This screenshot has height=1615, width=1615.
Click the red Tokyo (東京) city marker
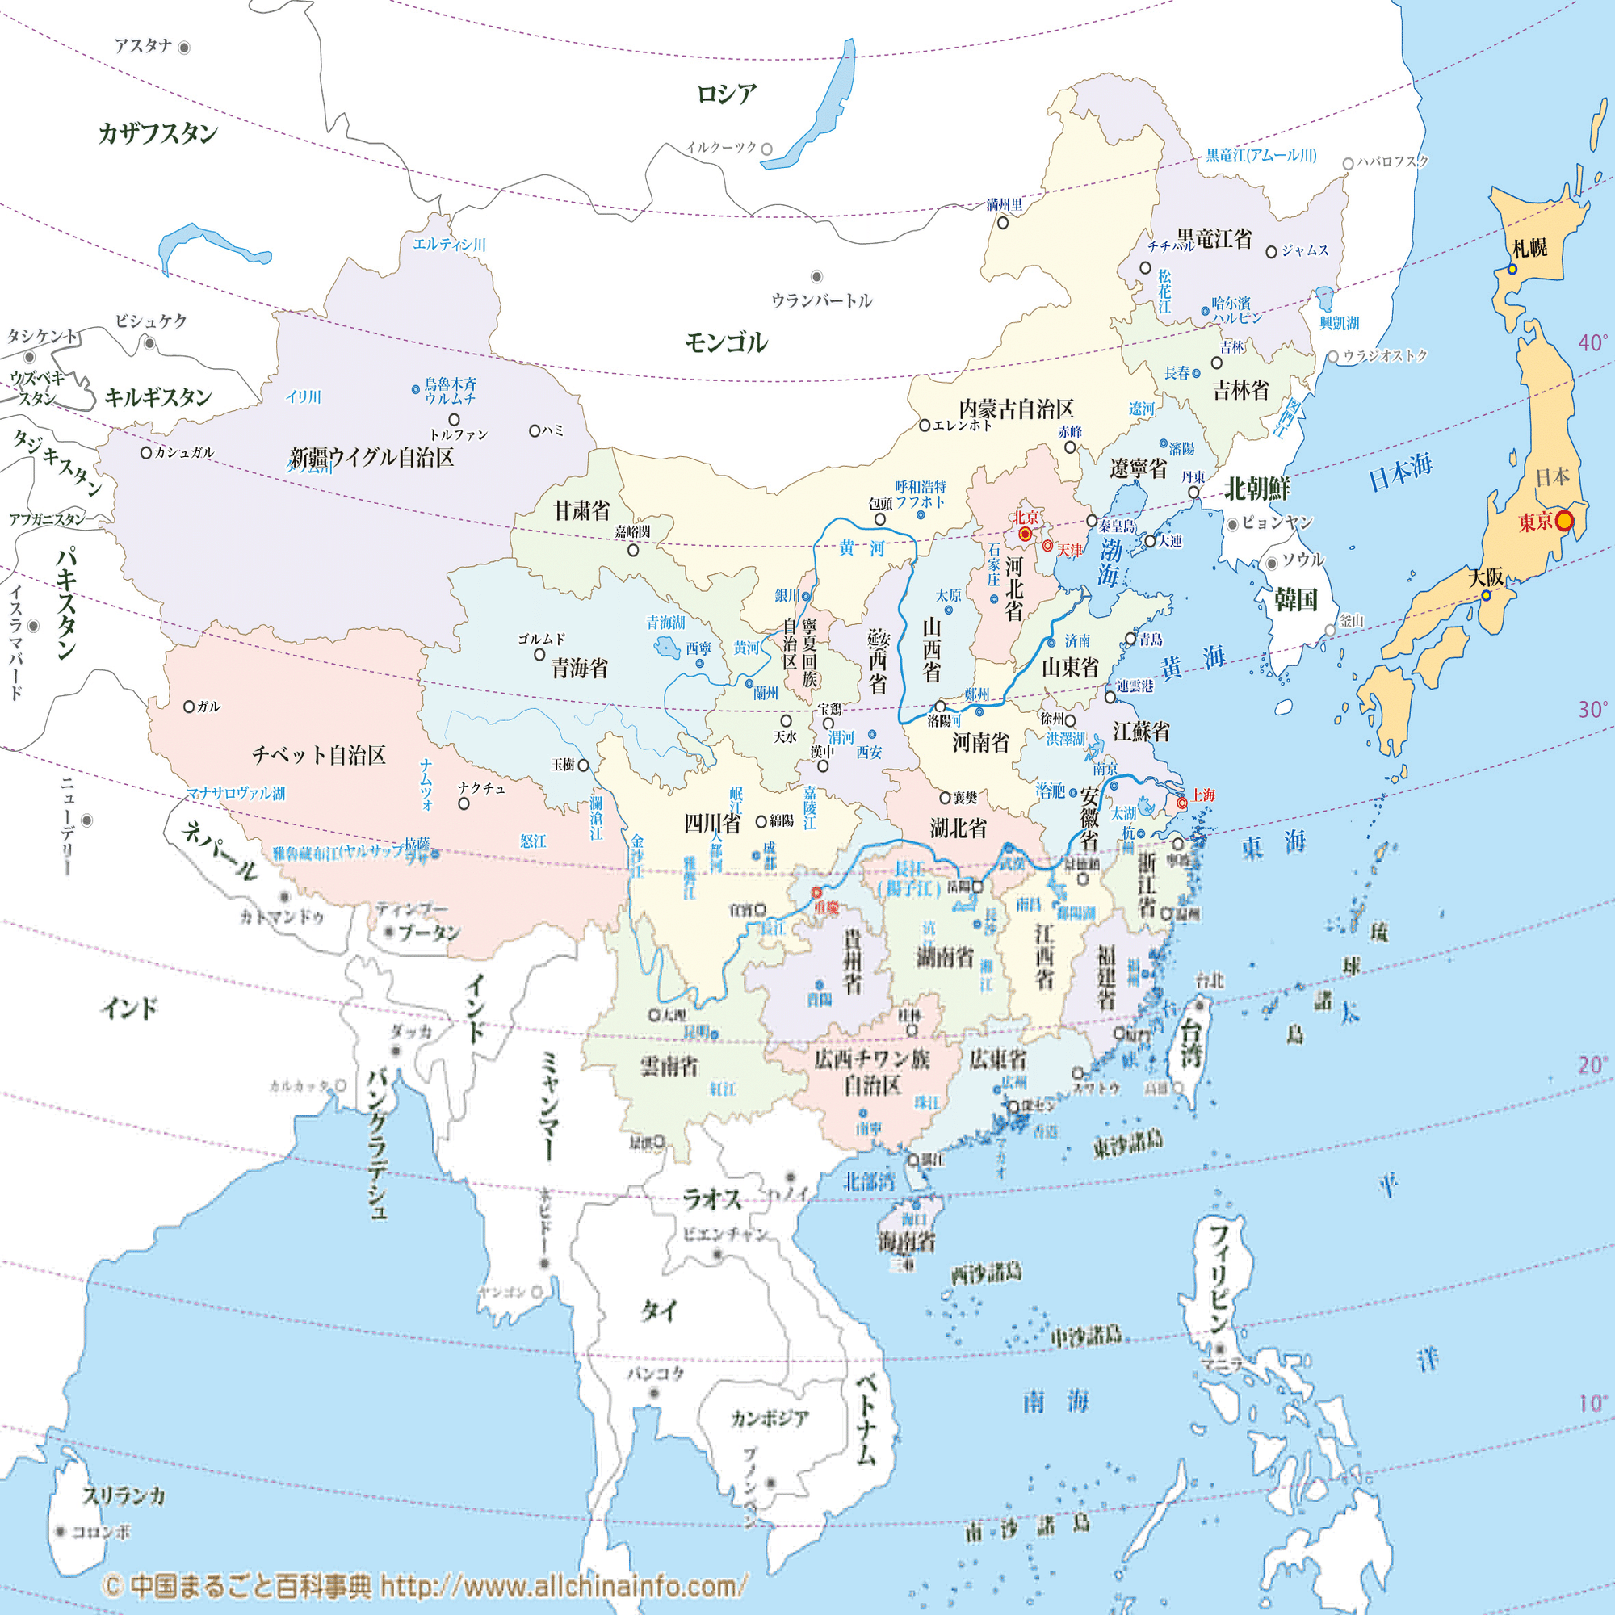tap(1564, 521)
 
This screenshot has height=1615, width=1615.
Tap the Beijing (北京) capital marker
tap(1025, 533)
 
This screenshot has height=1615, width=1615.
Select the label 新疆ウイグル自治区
tap(371, 457)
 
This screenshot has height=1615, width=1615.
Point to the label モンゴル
tap(726, 342)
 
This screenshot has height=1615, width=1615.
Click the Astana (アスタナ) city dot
tap(184, 48)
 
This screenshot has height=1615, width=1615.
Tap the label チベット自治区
tap(318, 755)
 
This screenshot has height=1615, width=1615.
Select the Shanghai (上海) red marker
tap(1182, 803)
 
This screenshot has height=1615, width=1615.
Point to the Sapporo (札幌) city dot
tap(1512, 269)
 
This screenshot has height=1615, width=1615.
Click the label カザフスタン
tap(158, 133)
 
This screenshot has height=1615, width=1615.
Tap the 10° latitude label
tap(1592, 1403)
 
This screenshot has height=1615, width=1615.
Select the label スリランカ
tap(124, 1495)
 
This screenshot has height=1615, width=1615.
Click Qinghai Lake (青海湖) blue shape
tap(666, 646)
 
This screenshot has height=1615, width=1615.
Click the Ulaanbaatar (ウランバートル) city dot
tap(816, 277)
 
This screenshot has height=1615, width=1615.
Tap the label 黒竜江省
tap(1214, 239)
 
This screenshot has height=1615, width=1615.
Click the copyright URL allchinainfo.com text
tap(562, 1586)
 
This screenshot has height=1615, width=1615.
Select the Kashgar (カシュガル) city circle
tap(145, 453)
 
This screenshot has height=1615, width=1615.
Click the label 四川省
tap(712, 824)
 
